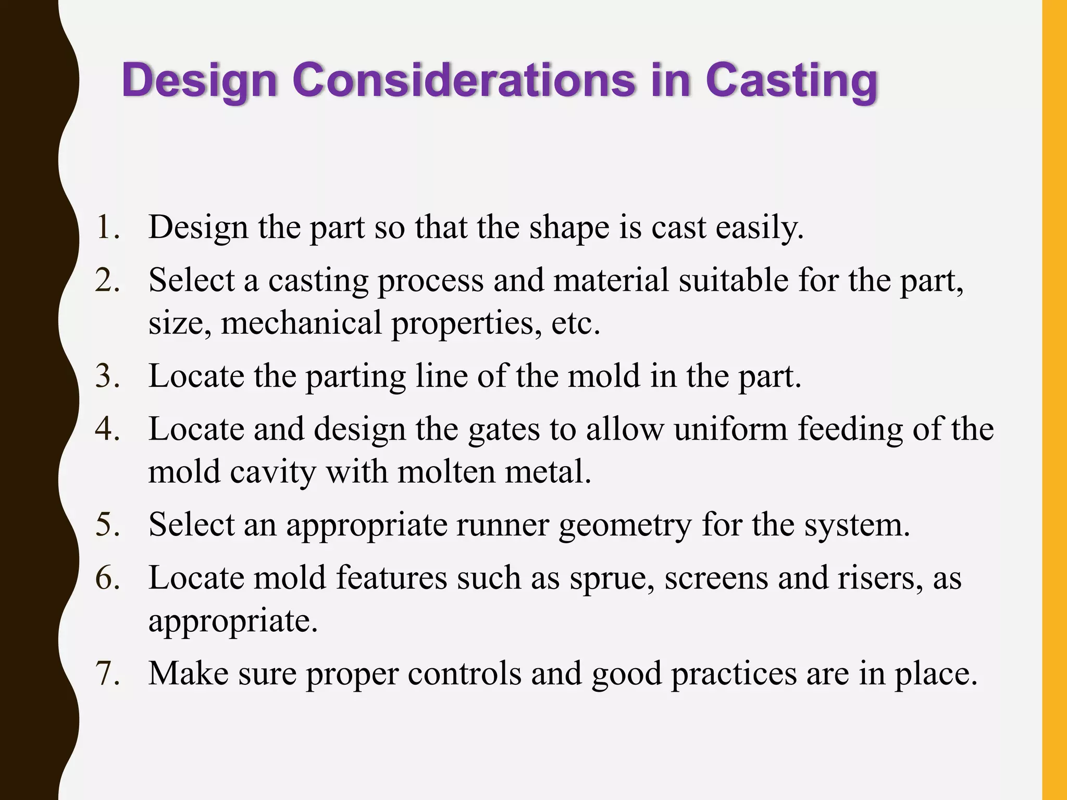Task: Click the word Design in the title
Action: point(199,81)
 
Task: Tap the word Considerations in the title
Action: point(464,80)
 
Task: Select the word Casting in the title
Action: point(791,81)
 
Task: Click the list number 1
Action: point(107,228)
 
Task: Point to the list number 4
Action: point(107,430)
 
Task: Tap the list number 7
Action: point(107,674)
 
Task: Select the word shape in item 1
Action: point(569,228)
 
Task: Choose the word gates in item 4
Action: point(504,430)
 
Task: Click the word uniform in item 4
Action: point(730,430)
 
